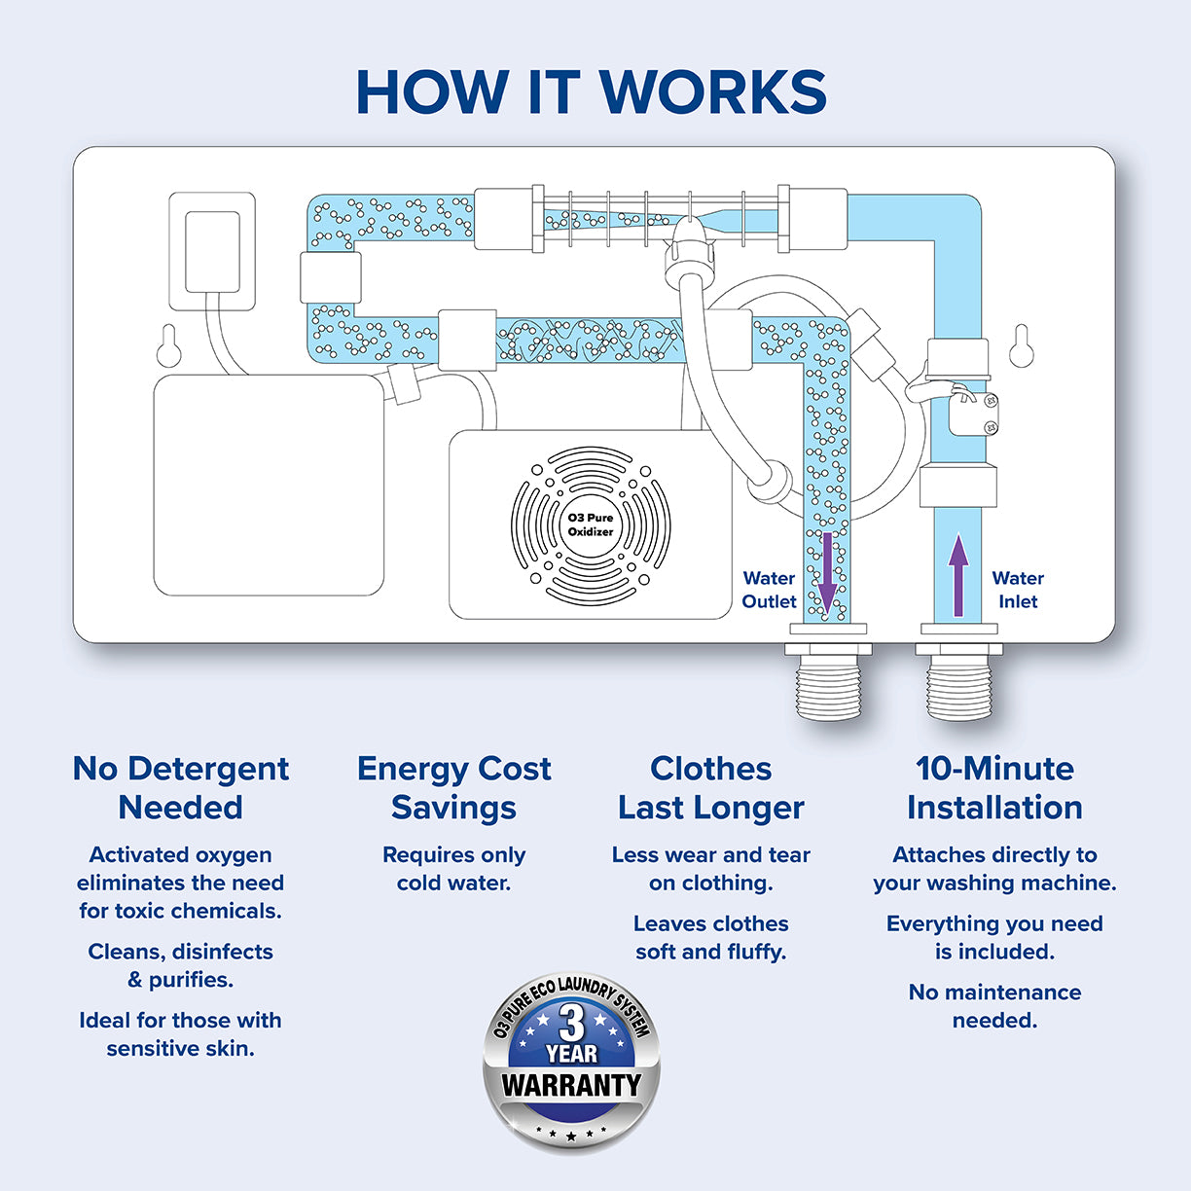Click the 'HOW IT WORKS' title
(x=592, y=92)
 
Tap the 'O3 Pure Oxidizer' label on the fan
(x=591, y=524)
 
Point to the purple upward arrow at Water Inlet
(x=958, y=575)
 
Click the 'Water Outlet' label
(x=769, y=590)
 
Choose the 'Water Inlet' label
(x=1018, y=590)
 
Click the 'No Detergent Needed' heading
(x=181, y=787)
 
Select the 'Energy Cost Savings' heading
(x=453, y=787)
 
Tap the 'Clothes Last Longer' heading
(x=711, y=787)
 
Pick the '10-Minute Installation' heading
(x=994, y=787)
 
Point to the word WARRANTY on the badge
(x=571, y=1084)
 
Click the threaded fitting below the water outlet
(x=828, y=685)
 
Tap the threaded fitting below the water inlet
(x=959, y=685)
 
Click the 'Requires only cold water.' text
(x=453, y=869)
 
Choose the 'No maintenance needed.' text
(x=994, y=1006)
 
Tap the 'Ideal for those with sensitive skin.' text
(x=181, y=1034)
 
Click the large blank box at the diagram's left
(x=269, y=485)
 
